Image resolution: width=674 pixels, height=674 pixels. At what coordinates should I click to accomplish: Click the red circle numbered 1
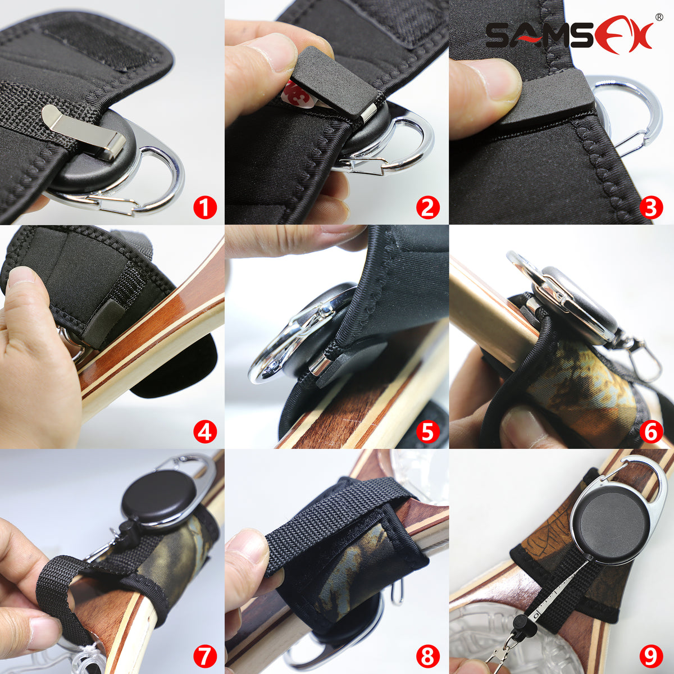tap(204, 208)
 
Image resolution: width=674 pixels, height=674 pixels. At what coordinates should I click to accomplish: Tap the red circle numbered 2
tap(428, 208)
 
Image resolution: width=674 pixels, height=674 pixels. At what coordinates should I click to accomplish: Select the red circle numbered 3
tap(652, 208)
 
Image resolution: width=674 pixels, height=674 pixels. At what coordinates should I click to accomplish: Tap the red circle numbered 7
tap(204, 655)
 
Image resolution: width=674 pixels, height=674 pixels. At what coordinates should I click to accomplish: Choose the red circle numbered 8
tap(428, 655)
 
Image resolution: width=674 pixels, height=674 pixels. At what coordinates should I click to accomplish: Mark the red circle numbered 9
tap(652, 655)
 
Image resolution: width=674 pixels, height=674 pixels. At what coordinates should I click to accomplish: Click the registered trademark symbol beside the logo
tap(658, 17)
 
